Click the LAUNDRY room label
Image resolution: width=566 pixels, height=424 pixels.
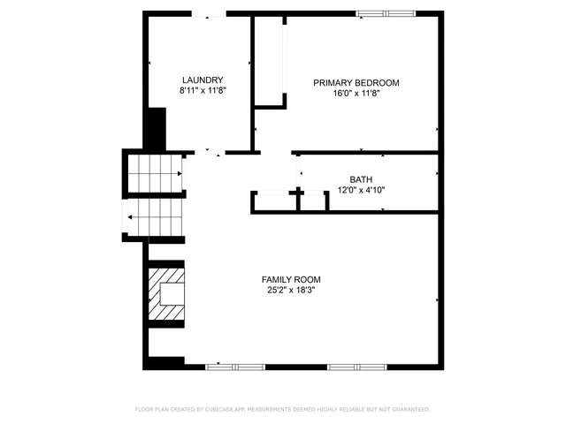[202, 79]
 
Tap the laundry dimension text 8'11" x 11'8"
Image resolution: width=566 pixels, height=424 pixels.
[202, 90]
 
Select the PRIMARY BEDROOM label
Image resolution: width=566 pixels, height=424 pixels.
[356, 83]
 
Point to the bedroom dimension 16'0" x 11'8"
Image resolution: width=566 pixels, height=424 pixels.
[356, 94]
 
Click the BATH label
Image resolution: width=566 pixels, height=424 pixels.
[361, 178]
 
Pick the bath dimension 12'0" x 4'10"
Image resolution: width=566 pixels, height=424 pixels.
[361, 189]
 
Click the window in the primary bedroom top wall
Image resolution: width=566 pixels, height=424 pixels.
[385, 13]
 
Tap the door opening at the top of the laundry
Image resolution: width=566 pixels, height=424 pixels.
[209, 13]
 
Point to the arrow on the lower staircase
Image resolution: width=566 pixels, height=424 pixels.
[133, 216]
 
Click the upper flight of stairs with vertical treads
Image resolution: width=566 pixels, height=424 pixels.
[156, 173]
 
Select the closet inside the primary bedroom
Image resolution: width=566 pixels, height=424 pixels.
[269, 62]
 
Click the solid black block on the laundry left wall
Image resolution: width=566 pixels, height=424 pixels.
[156, 129]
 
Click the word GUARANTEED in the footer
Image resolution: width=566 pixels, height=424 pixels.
[409, 410]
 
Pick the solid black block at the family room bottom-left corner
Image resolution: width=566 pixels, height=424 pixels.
[164, 363]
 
